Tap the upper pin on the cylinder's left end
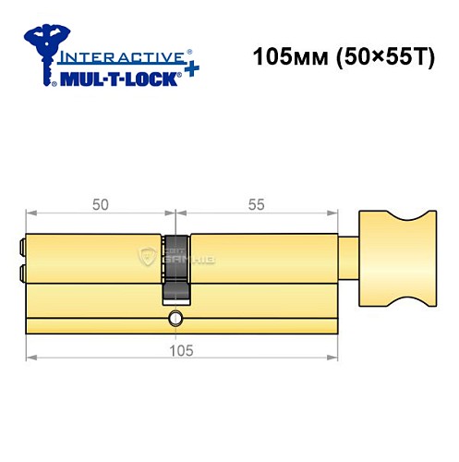pyautogui.click(x=21, y=248)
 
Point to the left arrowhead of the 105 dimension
pyautogui.click(x=30, y=354)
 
